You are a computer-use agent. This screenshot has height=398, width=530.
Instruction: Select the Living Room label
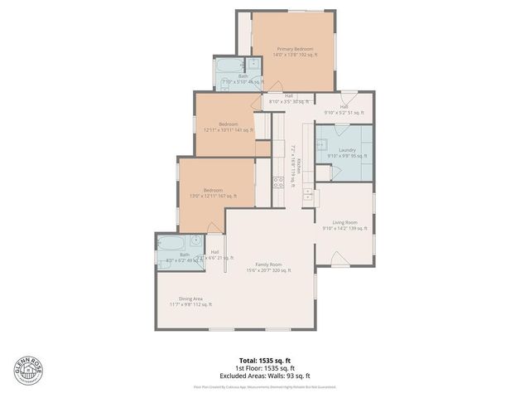345,225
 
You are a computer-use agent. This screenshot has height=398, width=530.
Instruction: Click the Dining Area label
191,301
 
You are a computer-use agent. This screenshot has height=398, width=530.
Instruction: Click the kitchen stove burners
279,182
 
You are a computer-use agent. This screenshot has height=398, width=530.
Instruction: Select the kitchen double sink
308,196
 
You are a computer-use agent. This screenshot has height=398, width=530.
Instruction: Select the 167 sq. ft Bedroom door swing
214,227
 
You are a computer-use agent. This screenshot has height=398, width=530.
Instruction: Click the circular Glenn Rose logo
26,370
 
